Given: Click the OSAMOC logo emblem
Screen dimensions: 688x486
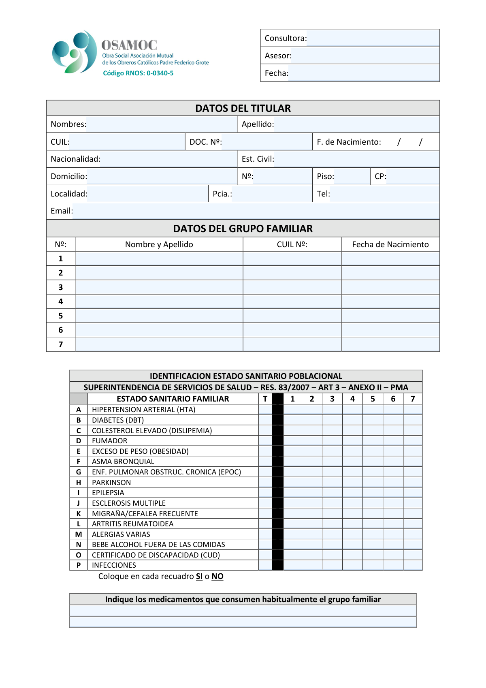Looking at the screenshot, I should click(x=75, y=52).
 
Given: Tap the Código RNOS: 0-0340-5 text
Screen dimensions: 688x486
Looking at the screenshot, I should click(x=138, y=73).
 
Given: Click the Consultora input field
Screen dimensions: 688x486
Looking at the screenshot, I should click(x=373, y=38).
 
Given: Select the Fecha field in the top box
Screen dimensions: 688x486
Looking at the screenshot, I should click(x=364, y=73).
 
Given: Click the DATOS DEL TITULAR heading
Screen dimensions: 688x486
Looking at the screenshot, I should click(x=243, y=108).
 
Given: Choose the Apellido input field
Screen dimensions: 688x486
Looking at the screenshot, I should click(x=356, y=124).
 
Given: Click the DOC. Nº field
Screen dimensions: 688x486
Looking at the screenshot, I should click(x=267, y=142).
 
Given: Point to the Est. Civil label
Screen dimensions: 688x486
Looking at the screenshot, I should click(x=258, y=159).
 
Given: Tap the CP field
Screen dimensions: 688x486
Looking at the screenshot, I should click(x=412, y=177).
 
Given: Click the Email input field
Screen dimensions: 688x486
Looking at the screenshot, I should click(x=256, y=211).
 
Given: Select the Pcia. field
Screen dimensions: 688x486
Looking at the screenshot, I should click(x=271, y=194).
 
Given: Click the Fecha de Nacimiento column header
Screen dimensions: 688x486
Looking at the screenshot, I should click(x=390, y=244).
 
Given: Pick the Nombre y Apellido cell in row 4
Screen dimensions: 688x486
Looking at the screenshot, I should click(x=159, y=301).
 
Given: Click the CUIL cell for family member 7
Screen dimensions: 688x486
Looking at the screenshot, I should click(x=292, y=344).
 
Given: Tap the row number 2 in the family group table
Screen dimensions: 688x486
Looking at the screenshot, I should click(x=61, y=273).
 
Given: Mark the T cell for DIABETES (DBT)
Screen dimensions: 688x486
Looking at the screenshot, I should click(x=265, y=420).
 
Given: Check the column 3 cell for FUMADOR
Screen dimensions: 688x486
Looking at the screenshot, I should click(x=332, y=441).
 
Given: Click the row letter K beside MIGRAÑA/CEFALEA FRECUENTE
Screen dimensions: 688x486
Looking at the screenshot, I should click(x=79, y=514).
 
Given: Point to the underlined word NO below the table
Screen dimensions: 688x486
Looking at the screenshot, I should click(x=217, y=577).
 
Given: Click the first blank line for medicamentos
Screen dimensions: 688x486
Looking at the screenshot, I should click(x=243, y=611).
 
